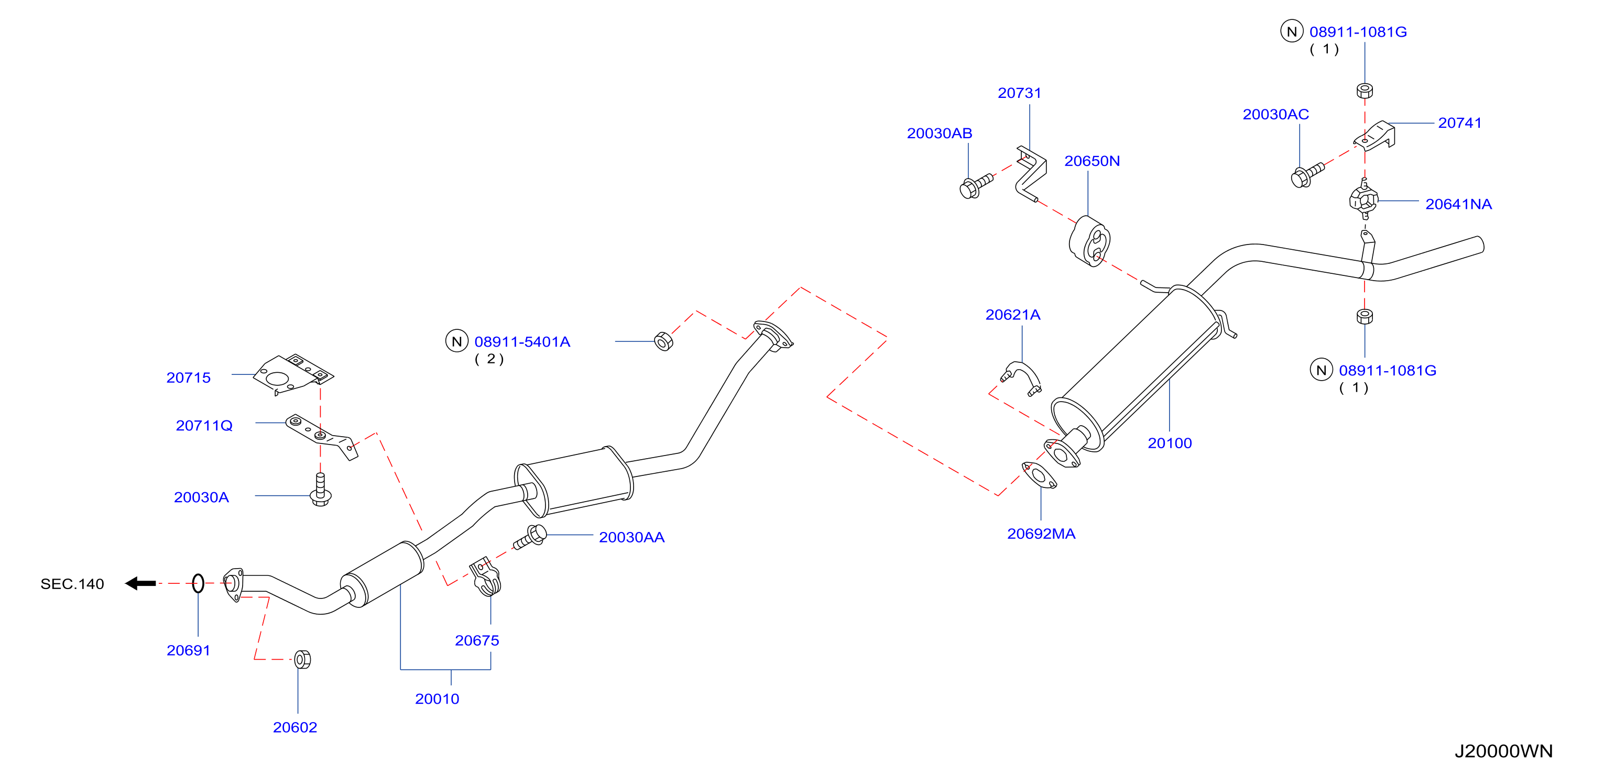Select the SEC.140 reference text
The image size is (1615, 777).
[x=72, y=584]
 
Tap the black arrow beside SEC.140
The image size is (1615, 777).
[x=140, y=583]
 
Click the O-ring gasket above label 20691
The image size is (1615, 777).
[x=198, y=583]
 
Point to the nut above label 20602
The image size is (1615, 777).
[x=302, y=659]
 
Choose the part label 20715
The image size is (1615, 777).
[x=188, y=377]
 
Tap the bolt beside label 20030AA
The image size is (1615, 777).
[x=530, y=537]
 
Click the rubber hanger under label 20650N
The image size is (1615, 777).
[x=1089, y=242]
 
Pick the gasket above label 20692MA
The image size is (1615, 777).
[x=1039, y=475]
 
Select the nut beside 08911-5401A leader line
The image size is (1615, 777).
[x=663, y=341]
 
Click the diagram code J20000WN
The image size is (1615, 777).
[x=1503, y=751]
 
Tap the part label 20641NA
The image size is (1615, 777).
[x=1458, y=204]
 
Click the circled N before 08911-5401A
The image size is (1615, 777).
[x=457, y=341]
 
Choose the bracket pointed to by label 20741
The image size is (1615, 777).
[x=1375, y=136]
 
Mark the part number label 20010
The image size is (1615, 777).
[x=437, y=698]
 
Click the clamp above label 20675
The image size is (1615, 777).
[x=485, y=576]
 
